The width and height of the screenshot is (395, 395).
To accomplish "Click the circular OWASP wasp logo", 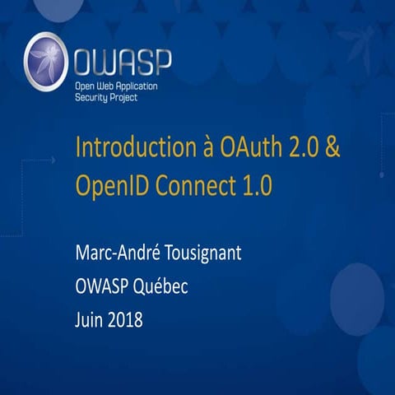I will coord(46,61).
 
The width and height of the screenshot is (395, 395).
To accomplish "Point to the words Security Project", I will coord(105,97).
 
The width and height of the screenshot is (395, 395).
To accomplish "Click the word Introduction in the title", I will coord(127,151).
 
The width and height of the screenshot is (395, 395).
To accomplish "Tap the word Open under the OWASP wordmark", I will coord(82,86).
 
